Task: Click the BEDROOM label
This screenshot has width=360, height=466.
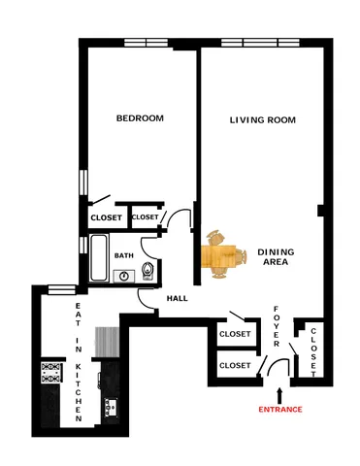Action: [x=140, y=118]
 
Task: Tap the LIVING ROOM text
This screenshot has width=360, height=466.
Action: [x=262, y=120]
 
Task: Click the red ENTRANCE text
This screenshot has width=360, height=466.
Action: [x=279, y=410]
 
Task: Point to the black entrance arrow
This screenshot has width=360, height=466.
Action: [x=279, y=393]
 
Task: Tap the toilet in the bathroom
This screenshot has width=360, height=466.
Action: [x=147, y=271]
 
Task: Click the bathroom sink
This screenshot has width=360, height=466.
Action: [x=123, y=276]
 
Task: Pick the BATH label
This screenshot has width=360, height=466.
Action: [x=124, y=255]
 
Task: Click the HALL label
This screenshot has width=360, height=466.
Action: [x=177, y=298]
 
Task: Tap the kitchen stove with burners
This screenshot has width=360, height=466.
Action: [x=51, y=373]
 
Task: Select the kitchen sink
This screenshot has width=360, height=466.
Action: [x=109, y=405]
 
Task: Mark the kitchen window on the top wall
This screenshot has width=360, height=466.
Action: [x=62, y=287]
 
